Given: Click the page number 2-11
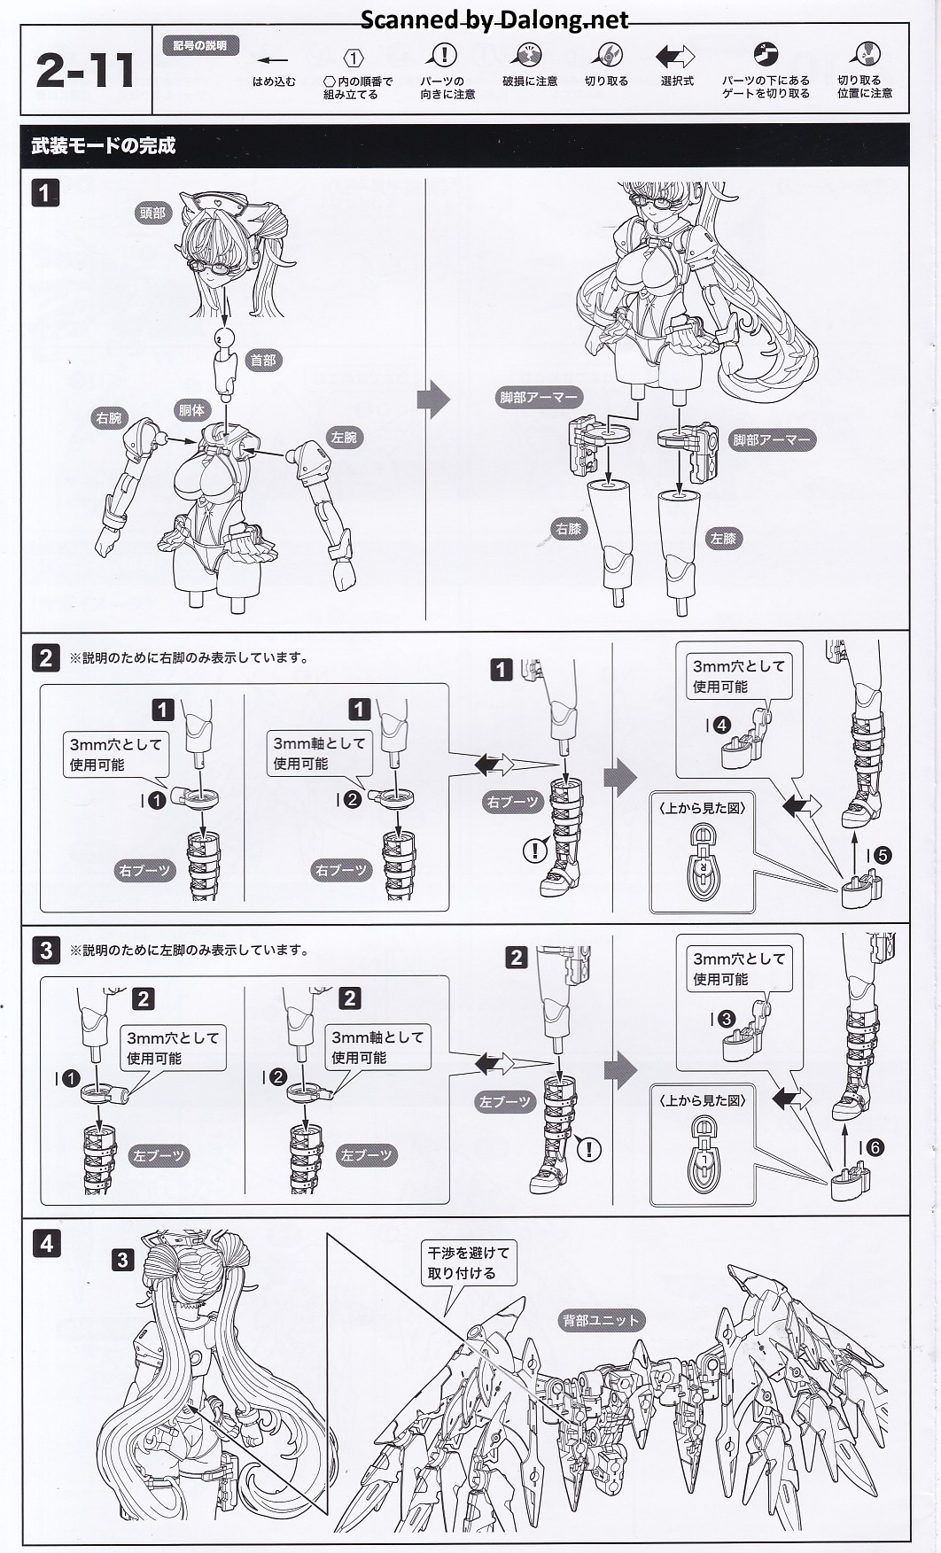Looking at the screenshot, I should point(85,71).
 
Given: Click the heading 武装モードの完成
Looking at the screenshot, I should point(103,146).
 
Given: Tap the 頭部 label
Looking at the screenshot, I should point(152,213).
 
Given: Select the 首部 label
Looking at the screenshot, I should point(263,360).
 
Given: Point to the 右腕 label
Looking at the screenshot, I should point(109,417).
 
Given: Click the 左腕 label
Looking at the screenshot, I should point(344,437).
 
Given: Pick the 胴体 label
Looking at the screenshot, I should point(191,409).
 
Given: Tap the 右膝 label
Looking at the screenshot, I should point(568,529).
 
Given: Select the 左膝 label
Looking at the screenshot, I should point(723,538).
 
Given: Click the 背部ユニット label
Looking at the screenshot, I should point(600,1320).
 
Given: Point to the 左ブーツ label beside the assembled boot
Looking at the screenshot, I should point(504,1102).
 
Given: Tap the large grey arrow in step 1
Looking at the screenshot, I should point(433,400).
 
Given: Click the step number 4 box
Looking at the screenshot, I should point(46,1243).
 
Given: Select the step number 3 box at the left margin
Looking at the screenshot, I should point(46,951).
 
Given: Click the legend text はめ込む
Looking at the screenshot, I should point(274,82).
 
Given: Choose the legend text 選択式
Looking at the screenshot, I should point(677,82).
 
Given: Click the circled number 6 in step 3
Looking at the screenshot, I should point(875,1147).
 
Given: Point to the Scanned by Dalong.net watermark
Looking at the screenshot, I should point(494,19).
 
